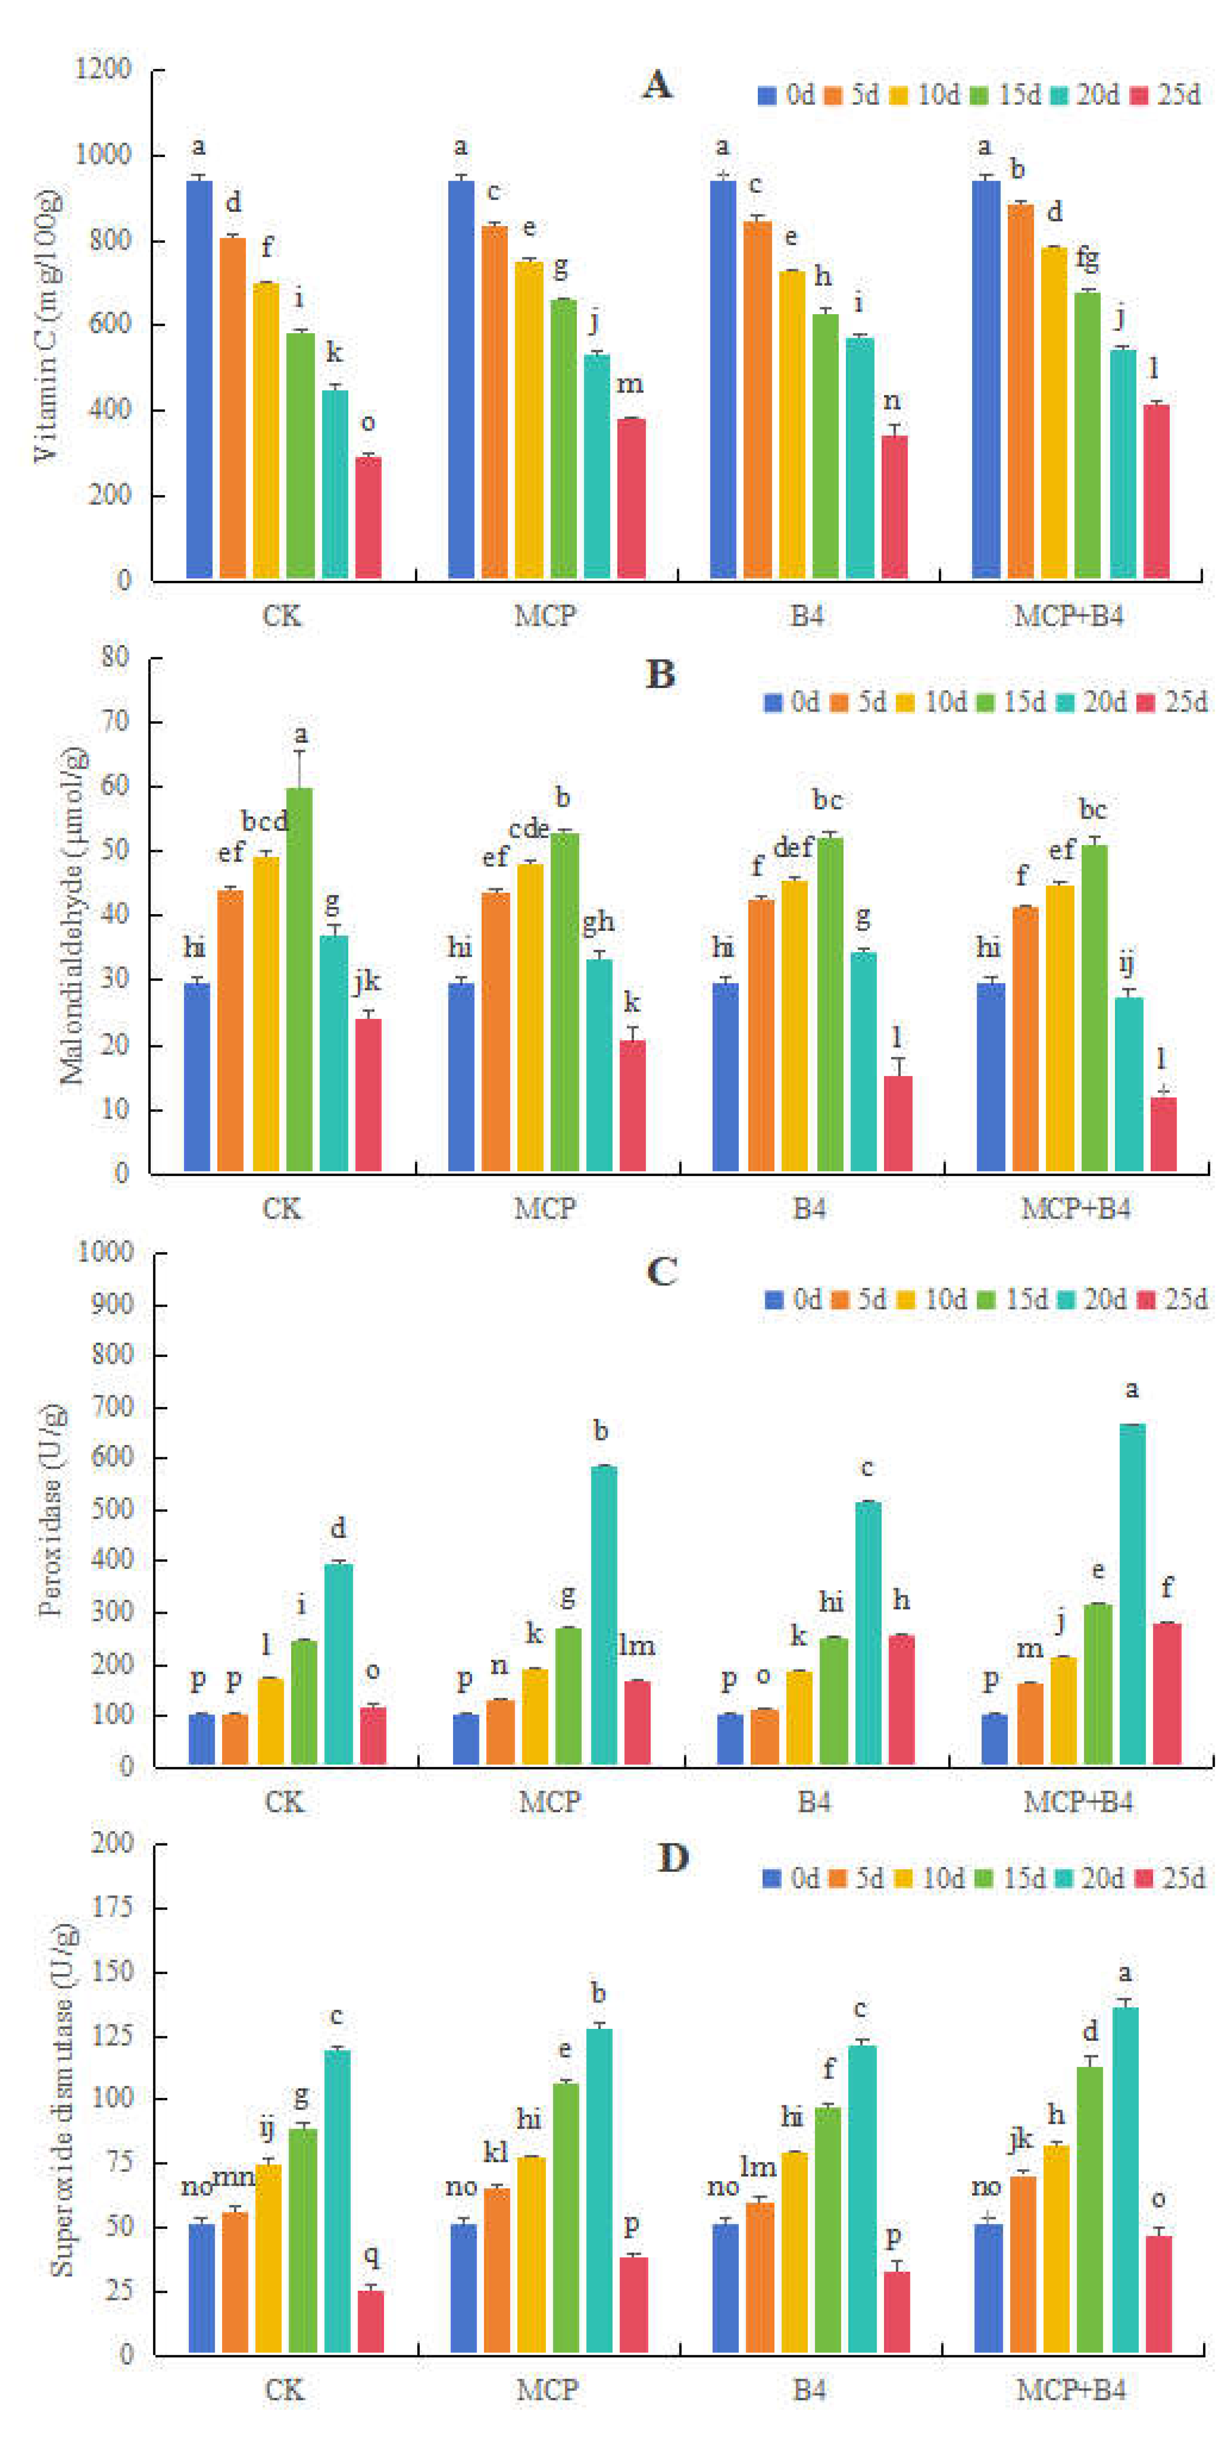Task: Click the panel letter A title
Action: click(x=658, y=85)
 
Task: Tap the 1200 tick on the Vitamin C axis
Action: click(x=104, y=69)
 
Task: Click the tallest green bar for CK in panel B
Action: click(x=300, y=979)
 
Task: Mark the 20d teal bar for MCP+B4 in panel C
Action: click(x=1133, y=1593)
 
